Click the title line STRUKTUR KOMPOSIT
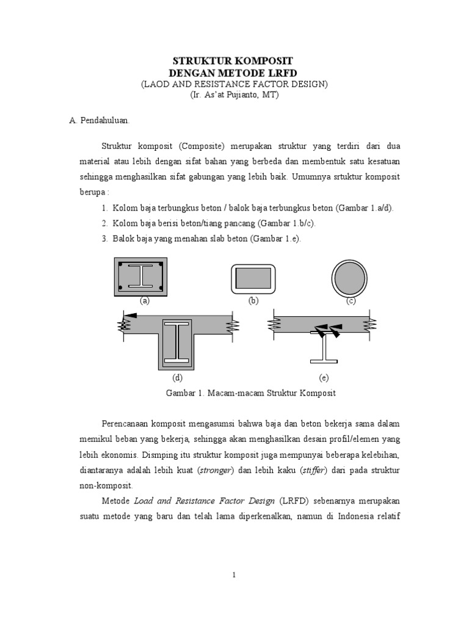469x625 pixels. (x=233, y=61)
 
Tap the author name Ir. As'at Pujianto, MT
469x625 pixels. (x=234, y=95)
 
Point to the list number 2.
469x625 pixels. (x=104, y=223)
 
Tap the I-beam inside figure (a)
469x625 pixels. (x=140, y=276)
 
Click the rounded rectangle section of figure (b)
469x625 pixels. (x=253, y=278)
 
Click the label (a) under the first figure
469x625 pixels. (x=145, y=301)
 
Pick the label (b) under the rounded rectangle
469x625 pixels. (x=253, y=301)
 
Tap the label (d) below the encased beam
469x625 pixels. (x=178, y=378)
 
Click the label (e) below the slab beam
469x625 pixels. (x=324, y=378)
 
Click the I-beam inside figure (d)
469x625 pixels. (x=178, y=342)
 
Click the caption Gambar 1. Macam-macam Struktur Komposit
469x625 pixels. (x=251, y=393)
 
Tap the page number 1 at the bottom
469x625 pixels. (x=234, y=574)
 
